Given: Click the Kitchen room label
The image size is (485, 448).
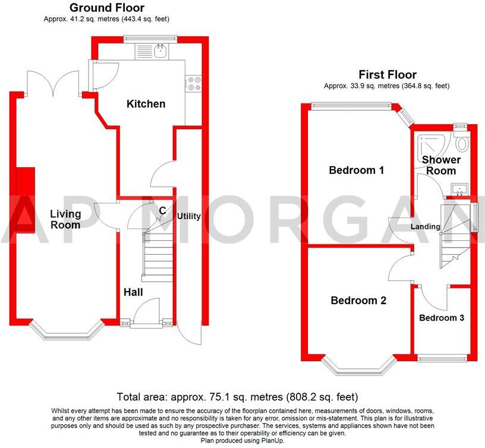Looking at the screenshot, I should click(146, 104).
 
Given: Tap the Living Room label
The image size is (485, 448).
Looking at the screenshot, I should click(65, 220).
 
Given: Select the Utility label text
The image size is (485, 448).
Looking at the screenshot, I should click(188, 217).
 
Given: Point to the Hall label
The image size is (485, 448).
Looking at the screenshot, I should click(133, 292).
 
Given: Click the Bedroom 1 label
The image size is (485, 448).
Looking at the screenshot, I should click(357, 171).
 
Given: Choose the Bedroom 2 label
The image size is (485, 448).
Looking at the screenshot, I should click(358, 300).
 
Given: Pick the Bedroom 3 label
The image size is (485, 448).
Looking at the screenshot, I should click(442, 318).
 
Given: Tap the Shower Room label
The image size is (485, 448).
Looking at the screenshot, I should click(441, 165).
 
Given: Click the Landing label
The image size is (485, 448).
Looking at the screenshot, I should click(426, 227).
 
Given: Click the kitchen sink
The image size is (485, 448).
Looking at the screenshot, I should click(160, 52).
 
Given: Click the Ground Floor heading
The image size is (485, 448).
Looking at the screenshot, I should click(106, 8).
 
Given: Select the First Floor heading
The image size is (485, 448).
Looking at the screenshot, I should click(387, 75).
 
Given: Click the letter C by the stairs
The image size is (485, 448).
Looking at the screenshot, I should click(162, 209).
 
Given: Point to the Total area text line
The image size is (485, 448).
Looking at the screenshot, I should click(238, 396).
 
